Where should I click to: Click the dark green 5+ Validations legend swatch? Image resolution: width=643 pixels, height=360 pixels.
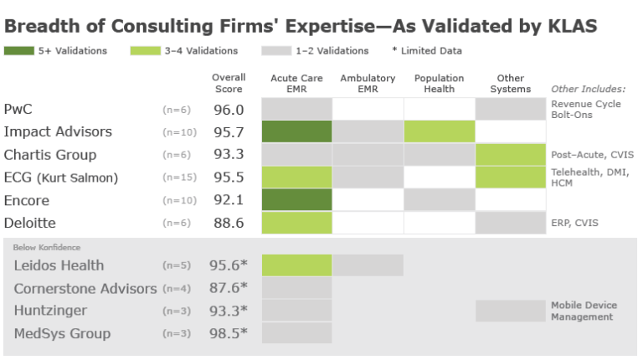(x=18, y=51)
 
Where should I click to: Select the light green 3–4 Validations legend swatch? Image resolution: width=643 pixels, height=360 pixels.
(x=145, y=51)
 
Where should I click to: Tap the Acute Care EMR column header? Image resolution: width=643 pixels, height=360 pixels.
(x=297, y=84)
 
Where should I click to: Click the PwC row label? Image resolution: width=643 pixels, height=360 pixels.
(x=18, y=109)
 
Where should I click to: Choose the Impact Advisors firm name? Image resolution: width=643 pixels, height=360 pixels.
(x=58, y=131)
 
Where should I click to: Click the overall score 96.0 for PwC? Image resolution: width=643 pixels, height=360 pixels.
(x=228, y=109)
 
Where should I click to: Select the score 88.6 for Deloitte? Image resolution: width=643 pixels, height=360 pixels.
(x=228, y=223)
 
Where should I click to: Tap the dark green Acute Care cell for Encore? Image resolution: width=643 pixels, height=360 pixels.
(x=297, y=200)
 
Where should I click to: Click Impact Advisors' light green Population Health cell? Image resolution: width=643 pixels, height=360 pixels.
(x=440, y=131)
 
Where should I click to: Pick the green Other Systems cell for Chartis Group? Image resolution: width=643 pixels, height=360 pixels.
(x=510, y=154)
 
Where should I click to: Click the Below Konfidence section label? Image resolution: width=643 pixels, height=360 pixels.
(x=47, y=247)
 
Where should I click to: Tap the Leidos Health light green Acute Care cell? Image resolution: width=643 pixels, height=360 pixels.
(x=297, y=265)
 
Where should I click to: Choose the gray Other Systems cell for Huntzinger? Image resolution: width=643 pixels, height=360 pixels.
(x=510, y=311)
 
